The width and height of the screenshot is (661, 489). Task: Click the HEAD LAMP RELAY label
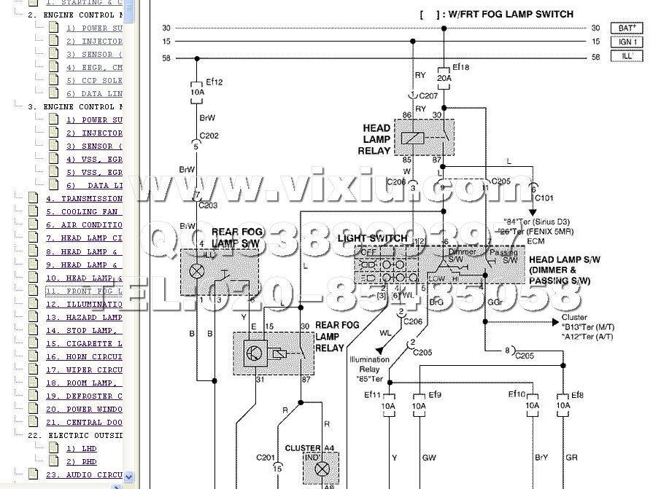pos(376,139)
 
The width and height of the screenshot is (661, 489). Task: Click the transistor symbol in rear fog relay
pos(253,353)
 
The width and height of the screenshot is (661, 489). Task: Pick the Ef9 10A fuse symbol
pos(419,406)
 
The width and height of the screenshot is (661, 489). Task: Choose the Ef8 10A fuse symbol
pos(563,406)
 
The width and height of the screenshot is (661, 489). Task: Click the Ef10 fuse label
pos(517,394)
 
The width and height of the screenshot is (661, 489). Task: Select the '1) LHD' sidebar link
pos(81,448)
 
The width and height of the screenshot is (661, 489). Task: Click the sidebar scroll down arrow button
pos(129,477)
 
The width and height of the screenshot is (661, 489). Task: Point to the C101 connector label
pos(544,197)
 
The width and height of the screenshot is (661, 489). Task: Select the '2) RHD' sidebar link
pos(81,461)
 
